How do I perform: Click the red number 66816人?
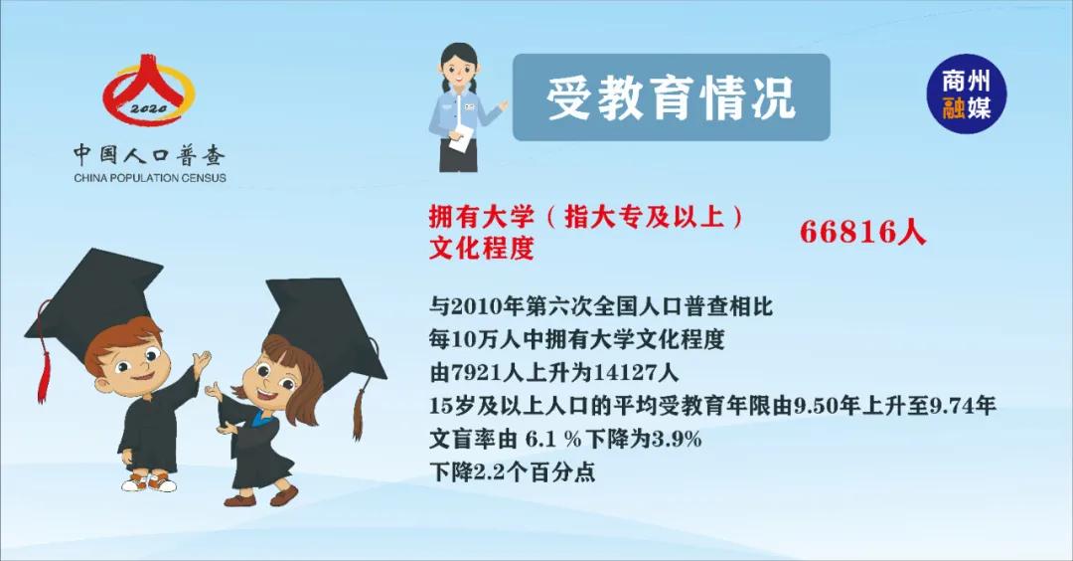[x=862, y=232]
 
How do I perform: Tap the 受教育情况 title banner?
[x=671, y=97]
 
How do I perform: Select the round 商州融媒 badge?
[x=967, y=93]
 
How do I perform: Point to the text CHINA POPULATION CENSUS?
[x=150, y=178]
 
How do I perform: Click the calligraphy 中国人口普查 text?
[x=149, y=155]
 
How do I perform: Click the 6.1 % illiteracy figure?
[x=553, y=439]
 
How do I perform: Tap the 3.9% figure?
[x=677, y=439]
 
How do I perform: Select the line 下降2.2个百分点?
[x=513, y=471]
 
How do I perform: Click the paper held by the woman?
[x=461, y=137]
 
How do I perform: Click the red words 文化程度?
[x=481, y=248]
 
